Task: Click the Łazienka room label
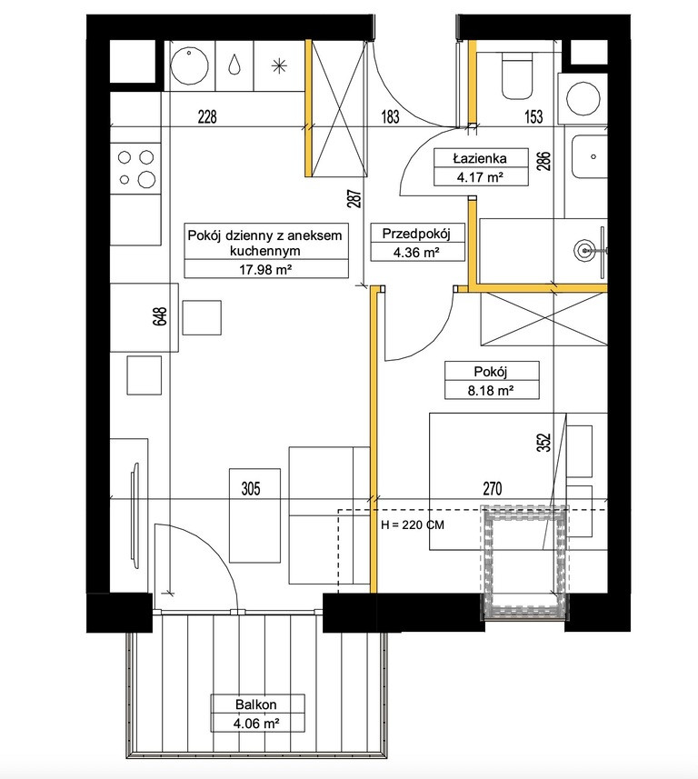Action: [x=480, y=159]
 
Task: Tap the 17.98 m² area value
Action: [x=265, y=270]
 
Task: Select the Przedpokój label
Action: [x=416, y=234]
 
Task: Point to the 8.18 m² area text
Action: [x=490, y=391]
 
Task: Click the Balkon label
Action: [x=256, y=704]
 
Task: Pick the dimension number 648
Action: [x=162, y=316]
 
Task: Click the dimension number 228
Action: [x=207, y=117]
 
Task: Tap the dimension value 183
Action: [x=390, y=117]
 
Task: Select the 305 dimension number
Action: [x=251, y=489]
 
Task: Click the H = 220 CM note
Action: [x=412, y=524]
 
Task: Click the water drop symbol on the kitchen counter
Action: [x=234, y=65]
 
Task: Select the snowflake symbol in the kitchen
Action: [x=279, y=65]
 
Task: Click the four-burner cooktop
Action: [x=135, y=168]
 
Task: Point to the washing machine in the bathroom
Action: [x=583, y=97]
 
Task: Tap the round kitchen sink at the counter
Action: [x=189, y=65]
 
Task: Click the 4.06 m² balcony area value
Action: [x=256, y=724]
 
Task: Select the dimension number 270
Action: [x=492, y=489]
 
